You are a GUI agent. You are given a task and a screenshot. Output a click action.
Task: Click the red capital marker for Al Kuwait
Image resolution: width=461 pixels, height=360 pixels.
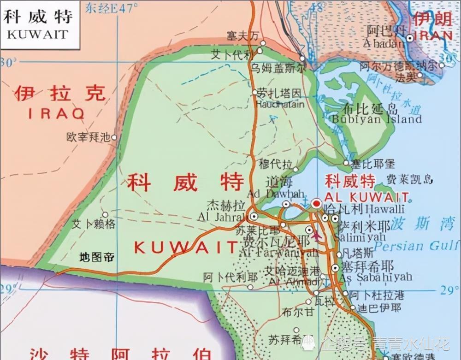tap(317, 203)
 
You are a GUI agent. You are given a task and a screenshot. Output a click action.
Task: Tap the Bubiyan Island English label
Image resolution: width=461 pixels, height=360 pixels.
tap(376, 119)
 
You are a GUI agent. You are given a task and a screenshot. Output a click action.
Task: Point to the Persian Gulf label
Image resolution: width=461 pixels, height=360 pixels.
tap(417, 245)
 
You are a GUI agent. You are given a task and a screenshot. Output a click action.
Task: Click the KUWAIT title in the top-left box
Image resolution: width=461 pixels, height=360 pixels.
tap(38, 35)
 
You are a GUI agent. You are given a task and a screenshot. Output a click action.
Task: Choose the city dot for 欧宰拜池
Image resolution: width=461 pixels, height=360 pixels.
tap(114, 137)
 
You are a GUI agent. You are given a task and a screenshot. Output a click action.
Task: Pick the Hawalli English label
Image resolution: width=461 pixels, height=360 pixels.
tap(384, 209)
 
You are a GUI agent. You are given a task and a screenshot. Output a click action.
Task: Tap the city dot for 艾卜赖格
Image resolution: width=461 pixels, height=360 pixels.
tap(105, 214)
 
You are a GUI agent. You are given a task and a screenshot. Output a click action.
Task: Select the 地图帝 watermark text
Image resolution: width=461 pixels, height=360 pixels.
tap(97, 257)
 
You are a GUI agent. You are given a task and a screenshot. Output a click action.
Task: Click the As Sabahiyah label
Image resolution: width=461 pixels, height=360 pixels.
tap(376, 277)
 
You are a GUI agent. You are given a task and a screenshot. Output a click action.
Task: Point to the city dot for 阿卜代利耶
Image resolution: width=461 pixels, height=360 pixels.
tap(250, 287)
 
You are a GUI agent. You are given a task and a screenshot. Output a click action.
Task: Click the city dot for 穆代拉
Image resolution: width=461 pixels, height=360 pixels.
tap(296, 169)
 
